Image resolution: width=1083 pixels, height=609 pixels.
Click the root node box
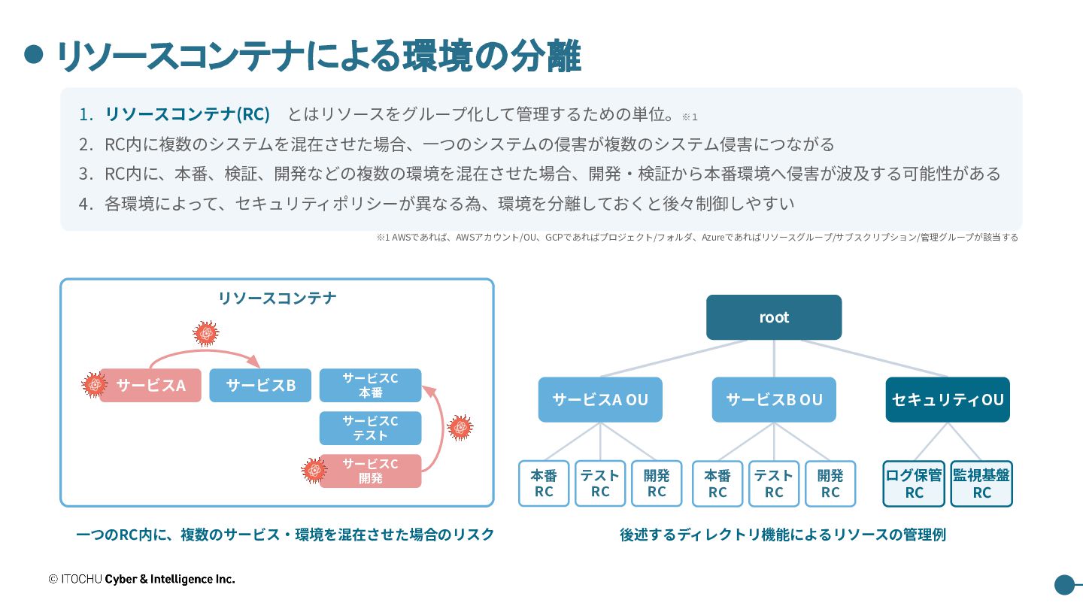point(774,317)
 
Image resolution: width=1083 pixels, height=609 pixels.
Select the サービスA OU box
point(600,400)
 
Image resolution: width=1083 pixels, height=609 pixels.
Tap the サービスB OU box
point(774,400)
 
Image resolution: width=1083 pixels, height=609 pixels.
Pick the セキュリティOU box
point(948,400)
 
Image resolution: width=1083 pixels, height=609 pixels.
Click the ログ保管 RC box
point(914,484)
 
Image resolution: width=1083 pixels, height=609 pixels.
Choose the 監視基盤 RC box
point(981,484)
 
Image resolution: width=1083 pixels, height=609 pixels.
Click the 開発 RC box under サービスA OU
point(657,484)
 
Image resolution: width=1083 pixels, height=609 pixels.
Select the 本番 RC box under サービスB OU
point(717,484)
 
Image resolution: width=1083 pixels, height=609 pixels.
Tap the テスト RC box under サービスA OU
point(600,484)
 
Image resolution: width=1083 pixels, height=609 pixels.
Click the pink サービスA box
point(150,385)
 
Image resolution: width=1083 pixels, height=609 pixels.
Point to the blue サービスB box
point(260,385)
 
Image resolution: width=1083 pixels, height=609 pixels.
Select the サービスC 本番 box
point(370,385)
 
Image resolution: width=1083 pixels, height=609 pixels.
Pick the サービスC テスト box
point(370,429)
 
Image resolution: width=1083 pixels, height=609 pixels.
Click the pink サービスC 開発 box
point(370,471)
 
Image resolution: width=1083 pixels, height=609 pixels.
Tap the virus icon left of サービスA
point(94,385)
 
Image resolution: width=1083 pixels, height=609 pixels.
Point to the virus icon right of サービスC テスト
point(460,428)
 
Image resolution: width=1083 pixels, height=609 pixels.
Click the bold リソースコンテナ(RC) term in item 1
point(187,114)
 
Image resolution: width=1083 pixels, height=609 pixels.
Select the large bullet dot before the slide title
point(34,54)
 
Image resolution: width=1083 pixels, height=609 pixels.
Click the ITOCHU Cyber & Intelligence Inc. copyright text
point(141,579)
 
